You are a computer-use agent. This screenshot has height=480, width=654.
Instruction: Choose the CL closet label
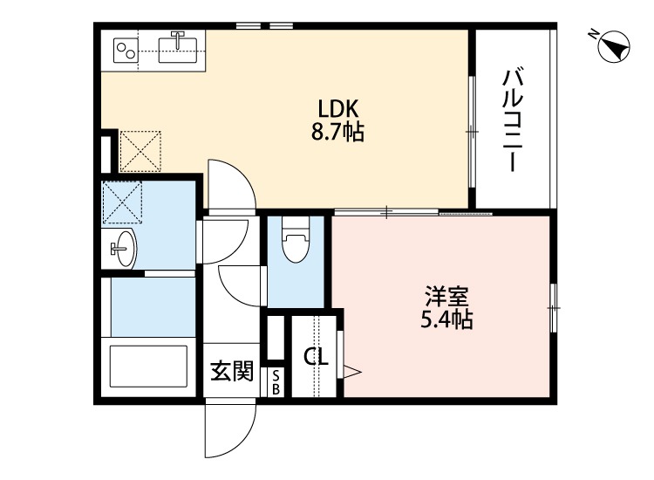(x=315, y=357)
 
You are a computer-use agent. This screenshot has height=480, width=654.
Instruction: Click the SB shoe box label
(x=276, y=381)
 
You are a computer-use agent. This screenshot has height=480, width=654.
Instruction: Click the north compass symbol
(x=616, y=46)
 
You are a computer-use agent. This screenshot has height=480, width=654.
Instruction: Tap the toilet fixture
(x=296, y=245)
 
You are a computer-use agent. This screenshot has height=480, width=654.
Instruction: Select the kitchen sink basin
(x=181, y=43)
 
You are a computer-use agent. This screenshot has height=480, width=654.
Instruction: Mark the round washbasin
(x=123, y=250)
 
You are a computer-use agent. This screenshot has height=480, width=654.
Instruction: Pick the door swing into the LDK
(x=231, y=183)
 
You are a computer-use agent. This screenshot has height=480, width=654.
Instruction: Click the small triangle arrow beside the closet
(x=352, y=372)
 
